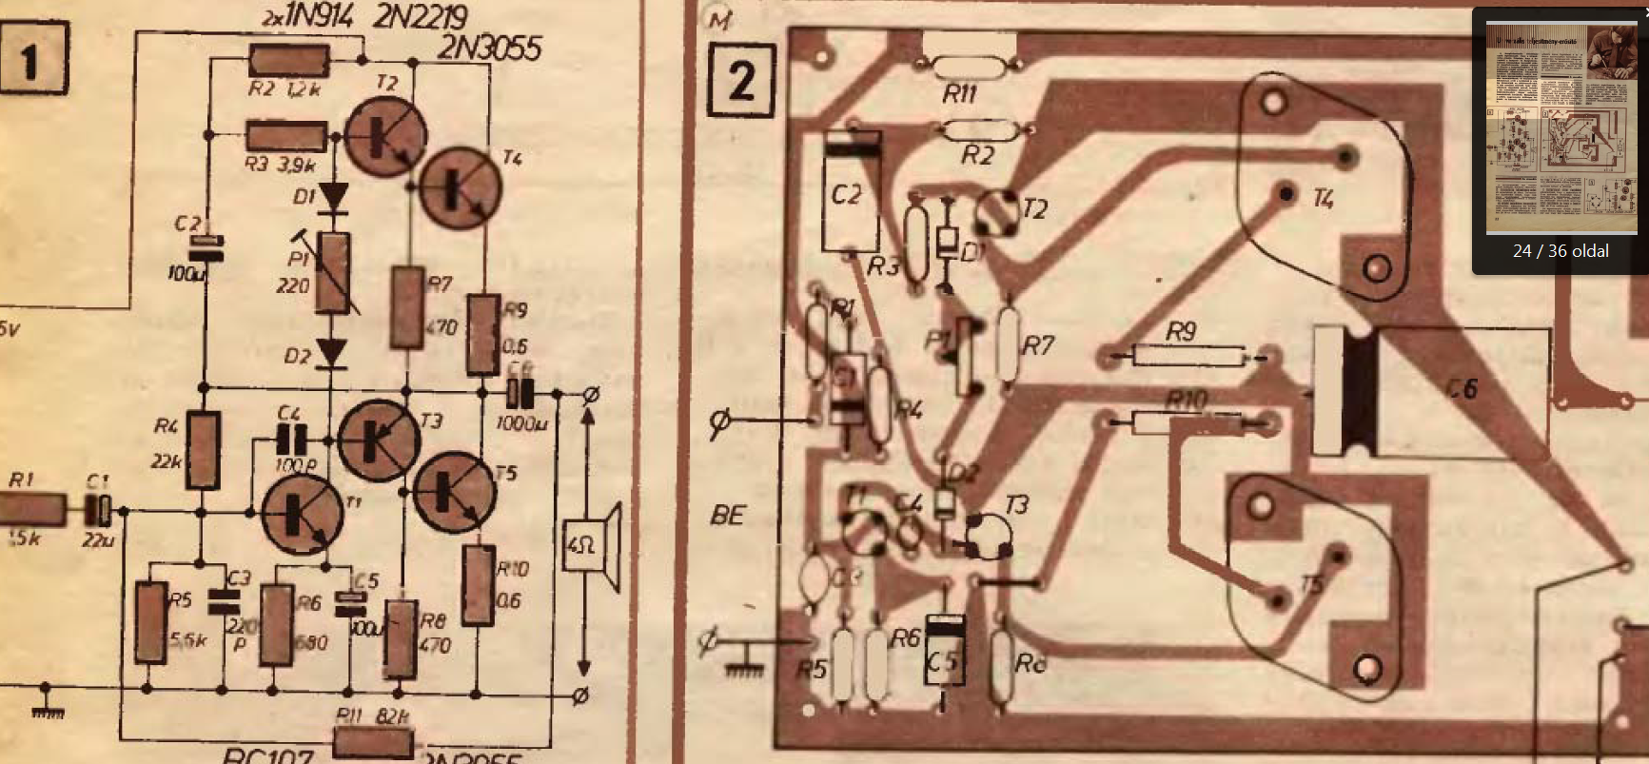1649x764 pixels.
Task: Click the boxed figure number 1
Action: click(31, 62)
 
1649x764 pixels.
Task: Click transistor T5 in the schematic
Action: click(454, 490)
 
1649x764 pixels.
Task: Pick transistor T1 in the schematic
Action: click(302, 514)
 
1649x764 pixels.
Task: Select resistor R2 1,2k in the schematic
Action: click(288, 61)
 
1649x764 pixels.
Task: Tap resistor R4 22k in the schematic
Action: click(203, 450)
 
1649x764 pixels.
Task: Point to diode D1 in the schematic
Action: click(333, 198)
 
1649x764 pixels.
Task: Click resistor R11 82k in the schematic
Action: click(372, 740)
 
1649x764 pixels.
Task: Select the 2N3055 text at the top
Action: click(489, 48)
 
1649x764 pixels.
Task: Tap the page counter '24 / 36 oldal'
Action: click(1561, 251)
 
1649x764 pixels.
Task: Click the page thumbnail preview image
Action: click(1561, 128)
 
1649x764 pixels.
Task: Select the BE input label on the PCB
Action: click(728, 516)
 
